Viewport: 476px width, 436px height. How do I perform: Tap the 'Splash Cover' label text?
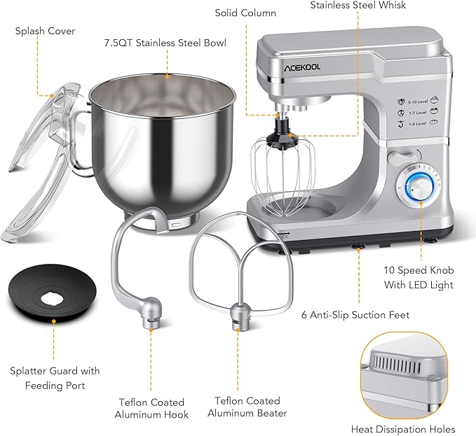[x=45, y=31]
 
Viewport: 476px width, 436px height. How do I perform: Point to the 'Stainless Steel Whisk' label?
[x=358, y=6]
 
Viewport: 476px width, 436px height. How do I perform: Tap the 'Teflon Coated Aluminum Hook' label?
[x=151, y=409]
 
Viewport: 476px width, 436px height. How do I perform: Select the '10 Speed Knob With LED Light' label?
[x=419, y=278]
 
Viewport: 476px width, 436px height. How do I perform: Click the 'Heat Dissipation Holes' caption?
[x=403, y=429]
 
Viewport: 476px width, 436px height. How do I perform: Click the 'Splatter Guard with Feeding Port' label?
[x=55, y=377]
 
